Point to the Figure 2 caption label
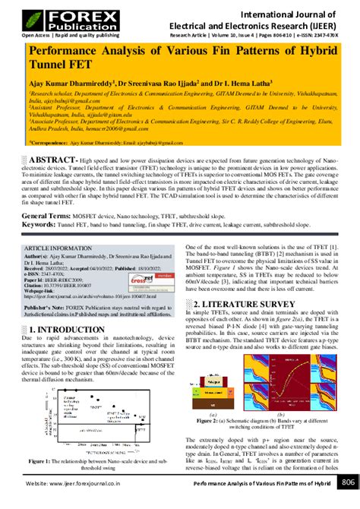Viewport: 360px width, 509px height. (x=210, y=419)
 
